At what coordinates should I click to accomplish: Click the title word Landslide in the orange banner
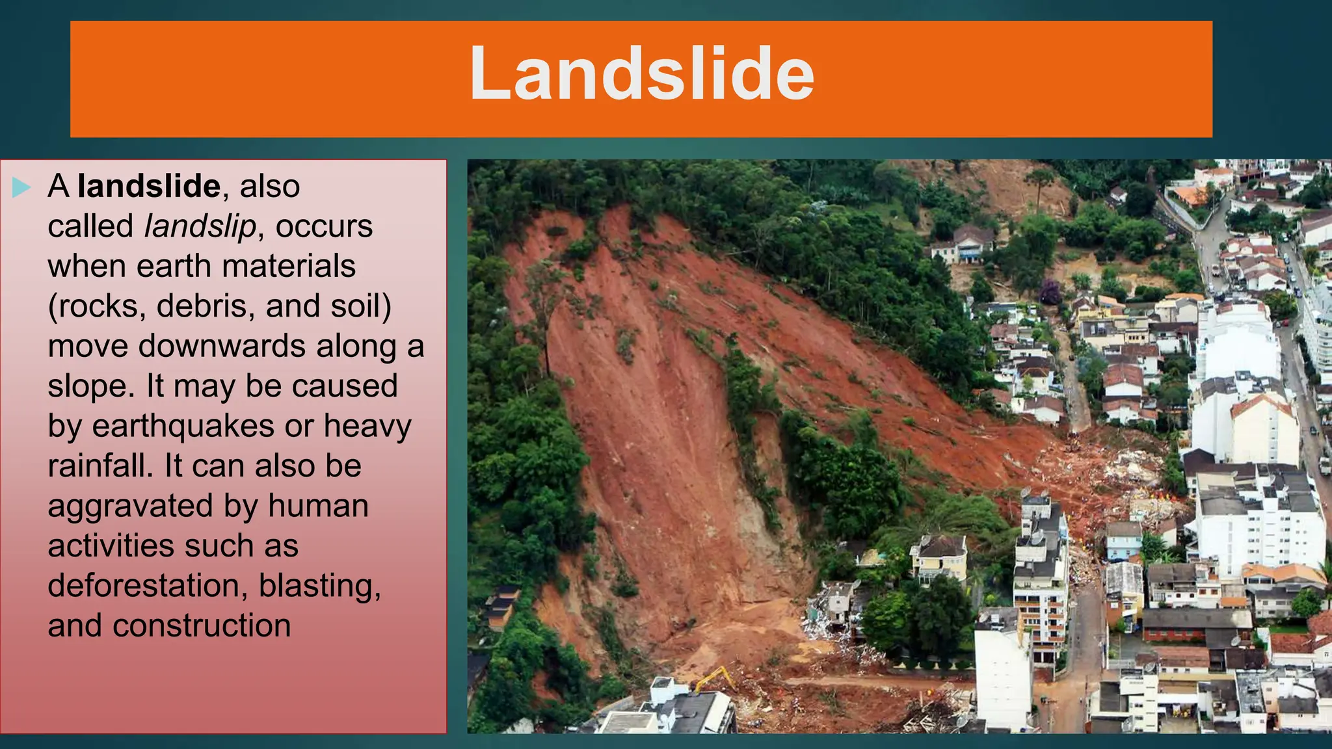641,73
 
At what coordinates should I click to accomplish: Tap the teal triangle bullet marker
21,188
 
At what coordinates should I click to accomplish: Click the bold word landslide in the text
149,187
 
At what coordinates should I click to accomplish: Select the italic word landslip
200,227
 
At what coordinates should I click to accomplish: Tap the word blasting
319,586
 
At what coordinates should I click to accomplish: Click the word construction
201,626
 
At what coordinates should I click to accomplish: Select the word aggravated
130,507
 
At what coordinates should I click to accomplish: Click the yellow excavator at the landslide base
715,679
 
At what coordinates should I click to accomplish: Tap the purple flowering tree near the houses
1049,292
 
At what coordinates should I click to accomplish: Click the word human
318,506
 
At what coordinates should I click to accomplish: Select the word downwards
222,347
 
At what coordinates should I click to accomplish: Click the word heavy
367,427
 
